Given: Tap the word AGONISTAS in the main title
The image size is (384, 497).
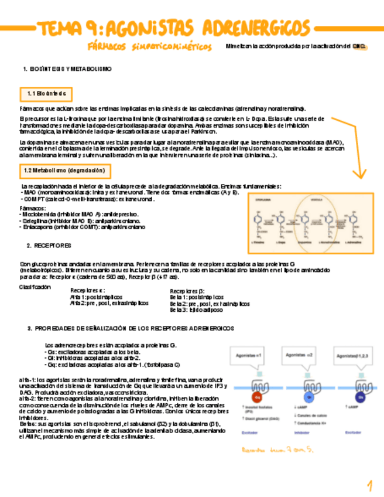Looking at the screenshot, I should pyautogui.click(x=154, y=27).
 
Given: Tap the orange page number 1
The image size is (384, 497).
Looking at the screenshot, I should pyautogui.click(x=370, y=485).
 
